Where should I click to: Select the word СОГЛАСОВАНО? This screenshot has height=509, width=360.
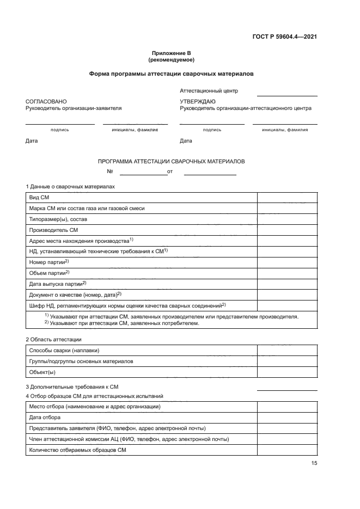pyautogui.click(x=46, y=102)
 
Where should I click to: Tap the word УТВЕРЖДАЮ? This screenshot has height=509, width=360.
pyautogui.click(x=198, y=102)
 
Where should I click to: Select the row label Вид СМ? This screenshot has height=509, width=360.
pyautogui.click(x=39, y=197)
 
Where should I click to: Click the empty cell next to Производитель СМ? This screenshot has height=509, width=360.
pyautogui.click(x=287, y=230)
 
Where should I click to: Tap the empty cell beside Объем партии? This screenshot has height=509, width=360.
pyautogui.click(x=287, y=273)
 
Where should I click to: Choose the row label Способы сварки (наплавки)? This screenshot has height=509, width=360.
pyautogui.click(x=64, y=350)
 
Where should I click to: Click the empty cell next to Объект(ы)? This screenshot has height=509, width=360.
pyautogui.click(x=287, y=372)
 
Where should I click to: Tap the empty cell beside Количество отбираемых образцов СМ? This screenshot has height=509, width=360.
pyautogui.click(x=287, y=450)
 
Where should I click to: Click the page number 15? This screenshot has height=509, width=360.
pyautogui.click(x=314, y=463)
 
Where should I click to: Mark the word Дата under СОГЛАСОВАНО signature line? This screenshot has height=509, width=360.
pyautogui.click(x=32, y=141)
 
